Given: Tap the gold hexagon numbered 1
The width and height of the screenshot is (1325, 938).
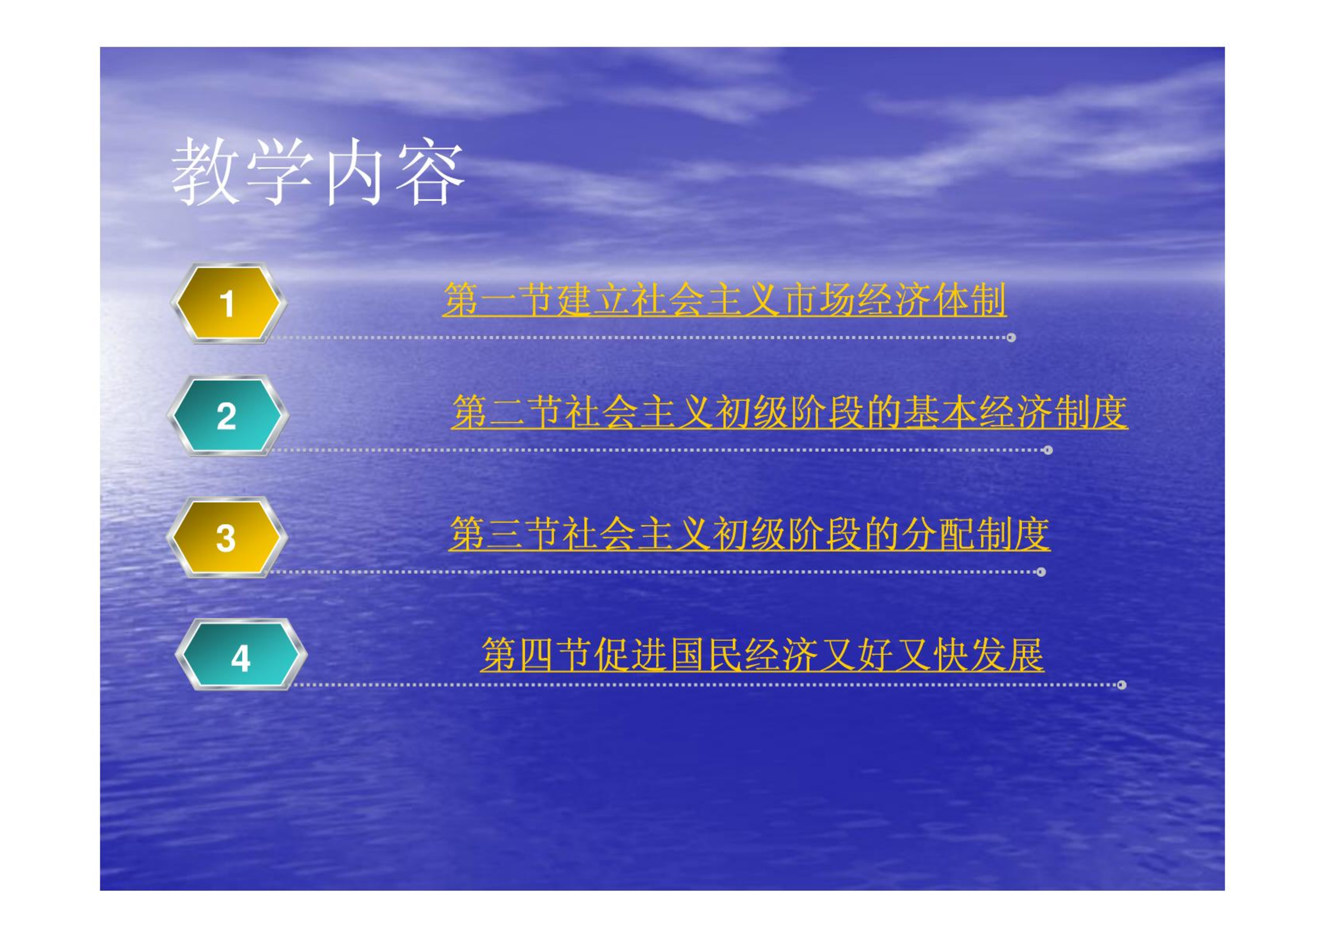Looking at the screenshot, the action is point(229,303).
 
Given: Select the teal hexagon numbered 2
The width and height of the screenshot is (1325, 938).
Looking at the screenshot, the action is point(228,415).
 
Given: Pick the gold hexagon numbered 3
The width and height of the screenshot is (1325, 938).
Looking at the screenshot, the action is point(227,537).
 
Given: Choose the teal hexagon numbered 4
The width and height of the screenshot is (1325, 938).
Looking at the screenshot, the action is point(241,654).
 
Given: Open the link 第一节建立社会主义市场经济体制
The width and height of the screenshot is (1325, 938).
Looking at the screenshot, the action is point(724,300).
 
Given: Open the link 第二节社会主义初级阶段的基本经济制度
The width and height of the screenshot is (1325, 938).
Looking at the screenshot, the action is point(790,412).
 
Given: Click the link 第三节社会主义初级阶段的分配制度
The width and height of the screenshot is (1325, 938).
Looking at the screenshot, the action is point(749,534).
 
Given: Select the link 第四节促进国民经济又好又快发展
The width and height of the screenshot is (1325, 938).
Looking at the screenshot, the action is point(763,654).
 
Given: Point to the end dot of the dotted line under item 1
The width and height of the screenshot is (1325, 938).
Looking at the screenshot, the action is point(1011,338).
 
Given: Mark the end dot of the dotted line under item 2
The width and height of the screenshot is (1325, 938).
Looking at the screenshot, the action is point(1047,450).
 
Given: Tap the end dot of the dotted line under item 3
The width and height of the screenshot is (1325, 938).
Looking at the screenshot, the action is point(1041,572).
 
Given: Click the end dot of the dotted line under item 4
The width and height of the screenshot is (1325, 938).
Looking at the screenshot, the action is point(1121,685).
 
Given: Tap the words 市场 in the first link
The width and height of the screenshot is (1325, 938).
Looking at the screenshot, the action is point(819,300).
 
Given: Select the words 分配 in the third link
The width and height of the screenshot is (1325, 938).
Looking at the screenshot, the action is point(937,534).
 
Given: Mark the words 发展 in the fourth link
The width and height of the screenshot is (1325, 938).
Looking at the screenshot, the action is point(1007,654).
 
